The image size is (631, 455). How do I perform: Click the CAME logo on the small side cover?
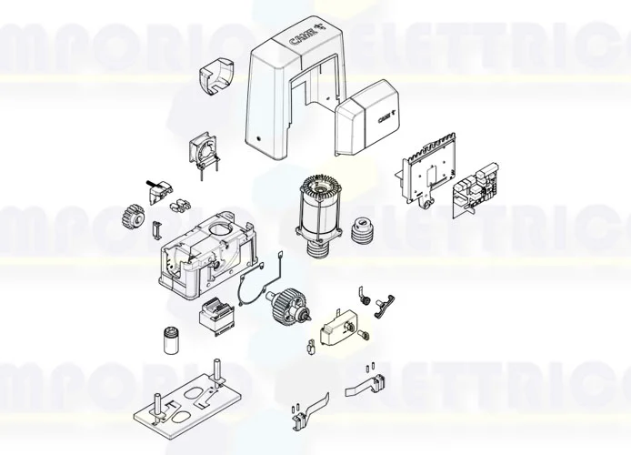coord(376,116)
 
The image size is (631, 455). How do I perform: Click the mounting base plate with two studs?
coord(186,407)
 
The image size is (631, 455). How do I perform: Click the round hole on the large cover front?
coord(261,141)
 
